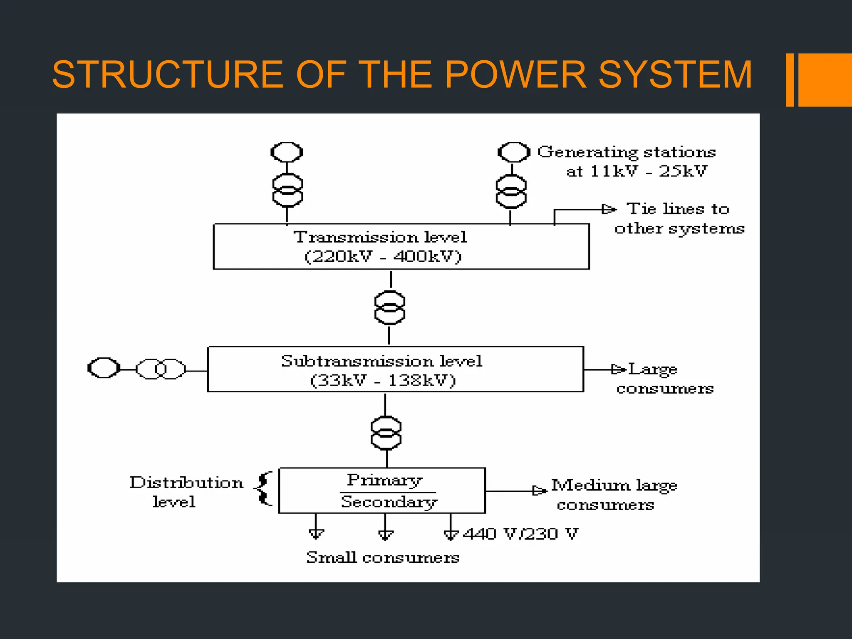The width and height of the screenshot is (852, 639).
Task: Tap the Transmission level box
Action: pyautogui.click(x=401, y=246)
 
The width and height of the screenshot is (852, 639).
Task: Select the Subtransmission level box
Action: pyautogui.click(x=395, y=369)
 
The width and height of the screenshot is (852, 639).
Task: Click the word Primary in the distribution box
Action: pyautogui.click(x=385, y=480)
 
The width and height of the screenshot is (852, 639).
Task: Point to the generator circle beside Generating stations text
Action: pyautogui.click(x=514, y=152)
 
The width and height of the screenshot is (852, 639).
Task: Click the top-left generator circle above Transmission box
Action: pyautogui.click(x=287, y=152)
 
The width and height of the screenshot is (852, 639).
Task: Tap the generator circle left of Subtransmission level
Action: pyautogui.click(x=104, y=368)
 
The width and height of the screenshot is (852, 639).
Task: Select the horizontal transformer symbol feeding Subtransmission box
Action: pyautogui.click(x=161, y=369)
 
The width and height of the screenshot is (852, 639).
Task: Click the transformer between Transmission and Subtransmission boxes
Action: pyautogui.click(x=389, y=308)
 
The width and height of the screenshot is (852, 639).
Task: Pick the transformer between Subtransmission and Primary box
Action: pyautogui.click(x=386, y=433)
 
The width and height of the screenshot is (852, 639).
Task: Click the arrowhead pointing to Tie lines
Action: pyautogui.click(x=609, y=209)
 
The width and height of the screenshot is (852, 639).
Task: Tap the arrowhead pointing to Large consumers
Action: pyautogui.click(x=618, y=369)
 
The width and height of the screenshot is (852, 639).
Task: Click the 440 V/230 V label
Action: pyautogui.click(x=520, y=534)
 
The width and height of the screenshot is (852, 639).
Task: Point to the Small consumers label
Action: pyautogui.click(x=383, y=557)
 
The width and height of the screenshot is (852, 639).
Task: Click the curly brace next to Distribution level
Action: pyautogui.click(x=263, y=489)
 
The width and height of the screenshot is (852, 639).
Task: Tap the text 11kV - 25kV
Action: pyautogui.click(x=637, y=171)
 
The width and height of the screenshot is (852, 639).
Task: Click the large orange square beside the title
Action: pyautogui.click(x=825, y=80)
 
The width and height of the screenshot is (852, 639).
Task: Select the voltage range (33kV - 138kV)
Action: pyautogui.click(x=383, y=380)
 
